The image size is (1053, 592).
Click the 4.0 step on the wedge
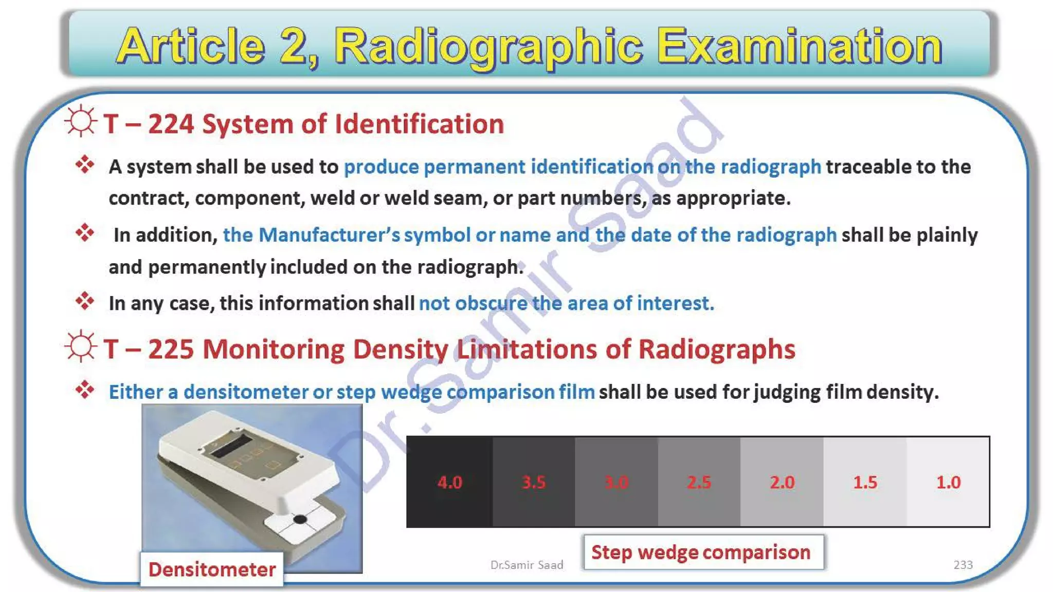449,482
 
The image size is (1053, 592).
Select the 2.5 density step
699,482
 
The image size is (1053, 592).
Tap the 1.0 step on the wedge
948,482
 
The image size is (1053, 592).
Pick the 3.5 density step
533,482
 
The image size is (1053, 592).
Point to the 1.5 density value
865,482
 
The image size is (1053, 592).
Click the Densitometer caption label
212,569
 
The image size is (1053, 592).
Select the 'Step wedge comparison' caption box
703,552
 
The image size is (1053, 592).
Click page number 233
963,565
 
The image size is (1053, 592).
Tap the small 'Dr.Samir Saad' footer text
526,565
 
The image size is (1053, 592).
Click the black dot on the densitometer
300,520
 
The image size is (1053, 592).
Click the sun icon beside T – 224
81,122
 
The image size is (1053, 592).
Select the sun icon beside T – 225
81,346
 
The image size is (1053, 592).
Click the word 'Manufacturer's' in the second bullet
329,235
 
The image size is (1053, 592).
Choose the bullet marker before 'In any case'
85,301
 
